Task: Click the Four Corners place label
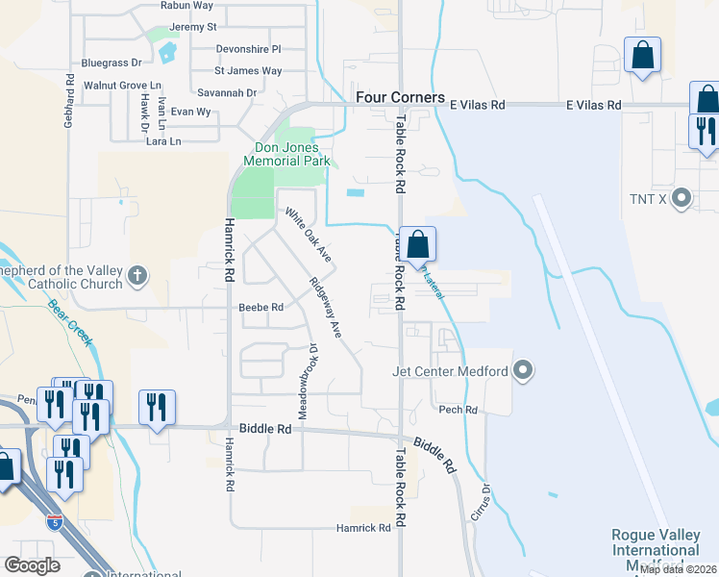400,98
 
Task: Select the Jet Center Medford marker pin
523,370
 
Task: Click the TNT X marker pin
682,200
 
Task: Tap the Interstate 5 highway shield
56,522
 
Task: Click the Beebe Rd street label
260,308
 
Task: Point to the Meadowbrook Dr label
308,382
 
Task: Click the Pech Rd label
458,410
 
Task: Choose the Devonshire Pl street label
248,48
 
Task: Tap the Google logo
33,565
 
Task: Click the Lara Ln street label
162,141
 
